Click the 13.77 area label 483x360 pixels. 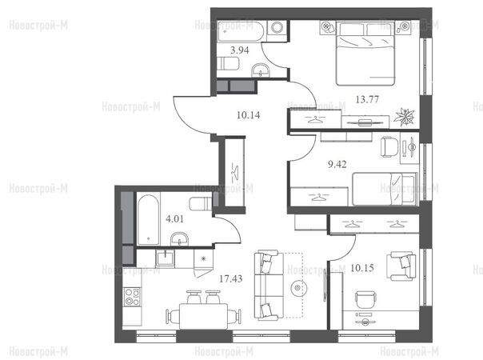point(367,99)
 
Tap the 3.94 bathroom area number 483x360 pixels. point(240,50)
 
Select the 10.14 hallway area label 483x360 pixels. point(248,115)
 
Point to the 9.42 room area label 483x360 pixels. point(337,164)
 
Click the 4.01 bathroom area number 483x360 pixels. point(174,219)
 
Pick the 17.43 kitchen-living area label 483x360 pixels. point(231,279)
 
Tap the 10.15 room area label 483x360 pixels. point(362,268)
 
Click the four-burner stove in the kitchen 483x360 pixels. point(132,297)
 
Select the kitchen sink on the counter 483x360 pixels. point(165,258)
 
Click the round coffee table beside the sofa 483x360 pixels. point(297,288)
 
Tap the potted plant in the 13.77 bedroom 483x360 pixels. point(404,117)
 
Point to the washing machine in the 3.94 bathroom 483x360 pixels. point(277,27)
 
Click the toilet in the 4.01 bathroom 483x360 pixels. point(201,204)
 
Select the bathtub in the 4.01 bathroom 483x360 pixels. point(148,220)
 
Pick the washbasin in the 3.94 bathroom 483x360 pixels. point(261,70)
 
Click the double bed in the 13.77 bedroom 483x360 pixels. point(365,53)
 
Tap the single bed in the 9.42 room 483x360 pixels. point(385,189)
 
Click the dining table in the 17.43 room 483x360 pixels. point(204,316)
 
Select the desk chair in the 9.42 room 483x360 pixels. point(389,146)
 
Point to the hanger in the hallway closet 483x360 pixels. point(235,172)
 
